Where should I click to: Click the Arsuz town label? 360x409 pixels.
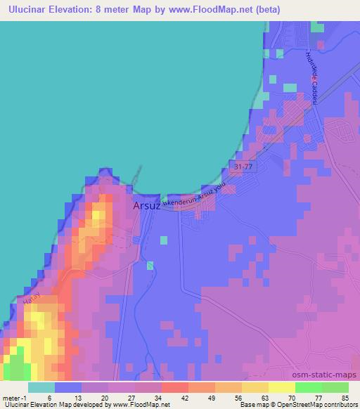pyautogui.click(x=147, y=207)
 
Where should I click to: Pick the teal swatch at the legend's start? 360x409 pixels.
pyautogui.click(x=41, y=387)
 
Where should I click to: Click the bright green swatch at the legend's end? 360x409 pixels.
pyautogui.click(x=335, y=387)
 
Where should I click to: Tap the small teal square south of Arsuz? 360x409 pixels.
pyautogui.click(x=164, y=240)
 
